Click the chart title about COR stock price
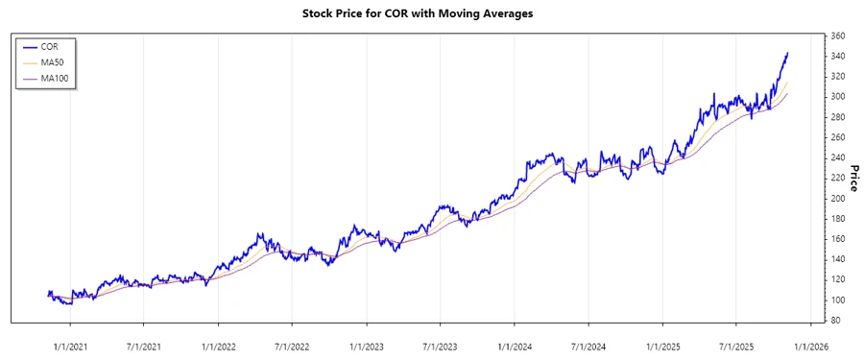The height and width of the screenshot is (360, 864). point(431,14)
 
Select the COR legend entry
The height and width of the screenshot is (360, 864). point(49,46)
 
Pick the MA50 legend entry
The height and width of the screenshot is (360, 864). point(52,62)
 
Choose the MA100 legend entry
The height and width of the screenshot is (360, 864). point(54,79)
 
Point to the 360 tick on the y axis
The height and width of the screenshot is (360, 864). point(837,36)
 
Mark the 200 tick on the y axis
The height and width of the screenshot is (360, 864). point(837,199)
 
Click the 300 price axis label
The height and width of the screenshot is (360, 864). point(837,97)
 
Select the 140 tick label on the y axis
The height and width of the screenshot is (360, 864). point(837,259)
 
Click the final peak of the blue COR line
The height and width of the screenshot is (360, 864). point(787,54)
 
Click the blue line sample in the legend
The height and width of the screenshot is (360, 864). point(29,46)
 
